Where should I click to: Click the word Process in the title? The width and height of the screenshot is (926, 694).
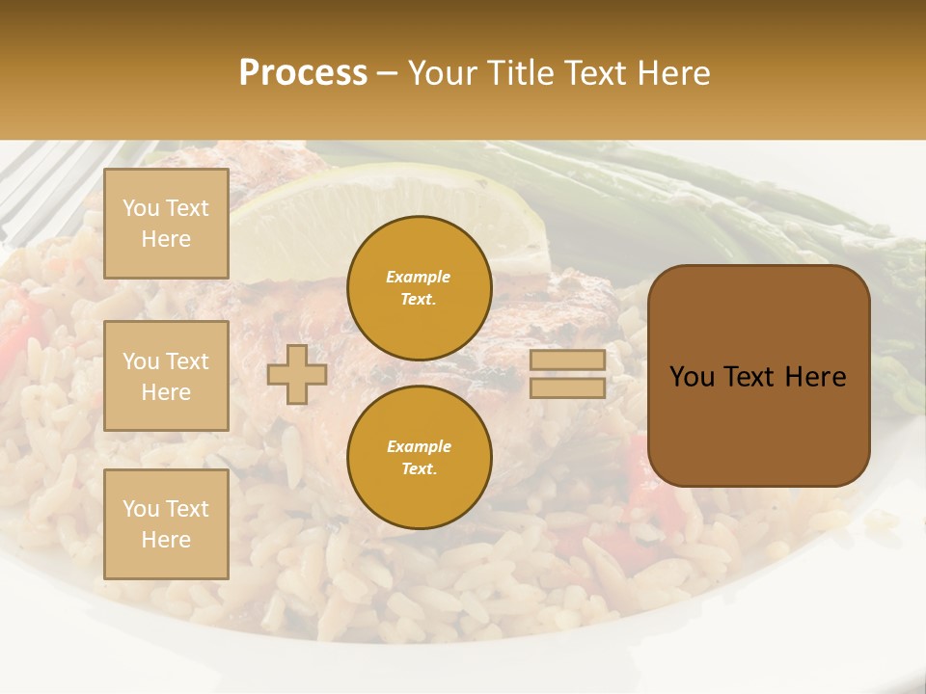click(x=303, y=73)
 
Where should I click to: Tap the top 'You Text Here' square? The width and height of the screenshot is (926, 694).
click(x=166, y=224)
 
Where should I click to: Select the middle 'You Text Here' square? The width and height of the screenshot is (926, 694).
click(x=166, y=376)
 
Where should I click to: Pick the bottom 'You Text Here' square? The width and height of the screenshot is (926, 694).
click(x=166, y=524)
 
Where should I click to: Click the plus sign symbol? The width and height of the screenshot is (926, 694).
click(x=297, y=374)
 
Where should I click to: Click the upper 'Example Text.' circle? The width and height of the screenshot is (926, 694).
click(x=420, y=288)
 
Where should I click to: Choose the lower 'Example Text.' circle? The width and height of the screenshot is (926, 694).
click(x=420, y=457)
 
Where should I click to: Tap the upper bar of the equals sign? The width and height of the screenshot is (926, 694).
click(x=567, y=360)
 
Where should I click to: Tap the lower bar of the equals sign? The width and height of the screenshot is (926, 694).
click(x=567, y=387)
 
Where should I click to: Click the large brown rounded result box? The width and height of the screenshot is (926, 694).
click(x=758, y=424)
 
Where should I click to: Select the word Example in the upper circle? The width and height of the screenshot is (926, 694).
click(x=418, y=277)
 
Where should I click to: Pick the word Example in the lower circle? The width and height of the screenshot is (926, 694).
click(x=419, y=446)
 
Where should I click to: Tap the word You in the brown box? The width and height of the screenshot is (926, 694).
click(x=692, y=377)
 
